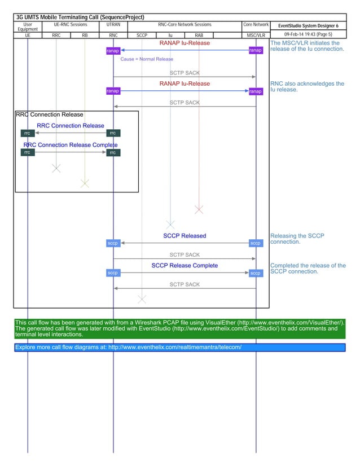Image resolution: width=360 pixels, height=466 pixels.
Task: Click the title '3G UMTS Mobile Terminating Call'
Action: [79, 17]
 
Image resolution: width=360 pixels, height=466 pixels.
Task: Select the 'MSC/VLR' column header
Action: [256, 35]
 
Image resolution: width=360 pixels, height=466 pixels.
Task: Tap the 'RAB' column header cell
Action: [199, 35]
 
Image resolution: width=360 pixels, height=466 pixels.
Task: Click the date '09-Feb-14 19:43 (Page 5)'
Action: [308, 34]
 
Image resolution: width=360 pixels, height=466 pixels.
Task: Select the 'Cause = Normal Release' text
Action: [147, 59]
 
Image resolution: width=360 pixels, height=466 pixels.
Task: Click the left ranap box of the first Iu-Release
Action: [113, 51]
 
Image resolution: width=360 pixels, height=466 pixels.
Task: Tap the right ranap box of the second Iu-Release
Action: [256, 91]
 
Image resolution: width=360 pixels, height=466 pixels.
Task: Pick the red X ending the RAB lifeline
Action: [199, 210]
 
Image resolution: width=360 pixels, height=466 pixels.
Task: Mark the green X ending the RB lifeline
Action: [85, 183]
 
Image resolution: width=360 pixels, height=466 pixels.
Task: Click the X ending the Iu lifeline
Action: [170, 225]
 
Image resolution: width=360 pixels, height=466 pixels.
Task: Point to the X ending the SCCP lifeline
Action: [142, 298]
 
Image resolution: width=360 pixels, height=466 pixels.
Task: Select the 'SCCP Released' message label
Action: [185, 236]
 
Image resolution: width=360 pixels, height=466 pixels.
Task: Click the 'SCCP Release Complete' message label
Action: [185, 265]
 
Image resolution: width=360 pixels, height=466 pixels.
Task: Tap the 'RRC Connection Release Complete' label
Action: [70, 145]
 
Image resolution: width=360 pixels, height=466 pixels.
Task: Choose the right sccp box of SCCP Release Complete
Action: [256, 273]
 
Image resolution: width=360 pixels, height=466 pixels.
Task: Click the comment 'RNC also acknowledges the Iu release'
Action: [307, 86]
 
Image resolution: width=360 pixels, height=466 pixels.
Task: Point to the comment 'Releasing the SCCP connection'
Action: [297, 239]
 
